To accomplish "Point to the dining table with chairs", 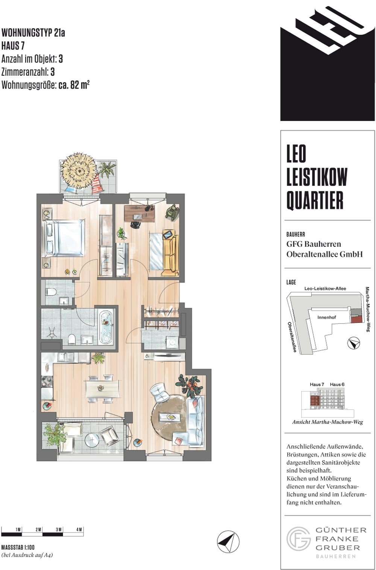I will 102,388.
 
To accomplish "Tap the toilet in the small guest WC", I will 51,292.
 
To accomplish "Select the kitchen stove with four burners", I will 47,382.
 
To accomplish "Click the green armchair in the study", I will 173,212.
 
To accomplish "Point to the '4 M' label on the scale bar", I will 79,529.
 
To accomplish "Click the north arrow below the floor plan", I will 228,541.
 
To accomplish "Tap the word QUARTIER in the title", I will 315,200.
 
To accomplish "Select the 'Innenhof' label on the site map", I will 326,317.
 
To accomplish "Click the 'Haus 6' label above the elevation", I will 337,384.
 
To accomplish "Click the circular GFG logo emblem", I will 299,539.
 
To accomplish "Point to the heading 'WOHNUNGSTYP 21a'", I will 33,33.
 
